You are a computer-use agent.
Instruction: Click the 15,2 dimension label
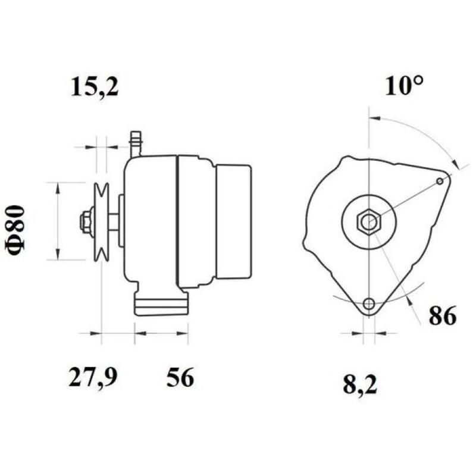pyautogui.click(x=95, y=87)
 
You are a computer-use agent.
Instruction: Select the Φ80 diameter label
pyautogui.click(x=18, y=230)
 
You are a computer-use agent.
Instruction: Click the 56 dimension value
pyautogui.click(x=180, y=377)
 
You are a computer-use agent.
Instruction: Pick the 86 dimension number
pyautogui.click(x=441, y=315)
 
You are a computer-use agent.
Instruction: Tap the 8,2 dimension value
pyautogui.click(x=361, y=385)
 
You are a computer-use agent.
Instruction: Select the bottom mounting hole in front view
pyautogui.click(x=369, y=304)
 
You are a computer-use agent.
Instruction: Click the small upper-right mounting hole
pyautogui.click(x=440, y=180)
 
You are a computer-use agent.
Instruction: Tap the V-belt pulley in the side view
pyautogui.click(x=102, y=222)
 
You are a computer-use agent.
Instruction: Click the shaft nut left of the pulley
pyautogui.click(x=84, y=221)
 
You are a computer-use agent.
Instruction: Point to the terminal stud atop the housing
pyautogui.click(x=136, y=143)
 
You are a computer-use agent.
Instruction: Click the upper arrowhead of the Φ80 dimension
pyautogui.click(x=57, y=188)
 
